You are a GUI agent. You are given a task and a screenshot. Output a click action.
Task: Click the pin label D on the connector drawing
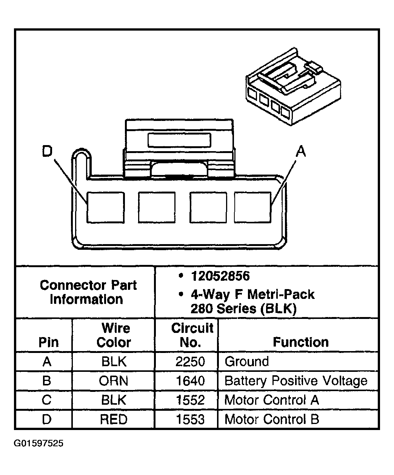click(47, 152)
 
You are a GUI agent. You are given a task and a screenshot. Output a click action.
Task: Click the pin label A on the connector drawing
click(300, 152)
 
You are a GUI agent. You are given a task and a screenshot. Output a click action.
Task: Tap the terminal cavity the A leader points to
click(252, 207)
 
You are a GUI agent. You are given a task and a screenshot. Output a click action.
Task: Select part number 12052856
click(220, 276)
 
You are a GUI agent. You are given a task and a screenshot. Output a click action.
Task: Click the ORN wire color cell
click(114, 381)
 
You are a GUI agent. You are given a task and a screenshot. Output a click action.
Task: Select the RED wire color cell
click(114, 419)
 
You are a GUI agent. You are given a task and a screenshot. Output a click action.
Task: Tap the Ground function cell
click(247, 362)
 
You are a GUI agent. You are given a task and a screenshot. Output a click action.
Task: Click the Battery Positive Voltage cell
click(296, 381)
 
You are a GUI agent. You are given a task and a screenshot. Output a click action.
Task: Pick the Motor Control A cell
click(272, 400)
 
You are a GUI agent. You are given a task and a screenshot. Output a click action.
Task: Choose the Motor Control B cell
click(272, 419)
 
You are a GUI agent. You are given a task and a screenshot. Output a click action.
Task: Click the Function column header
click(301, 342)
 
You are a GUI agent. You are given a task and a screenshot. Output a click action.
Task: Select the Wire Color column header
click(114, 335)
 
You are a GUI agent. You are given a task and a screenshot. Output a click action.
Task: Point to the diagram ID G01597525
click(39, 443)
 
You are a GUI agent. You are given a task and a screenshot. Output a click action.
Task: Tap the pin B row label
click(46, 381)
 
